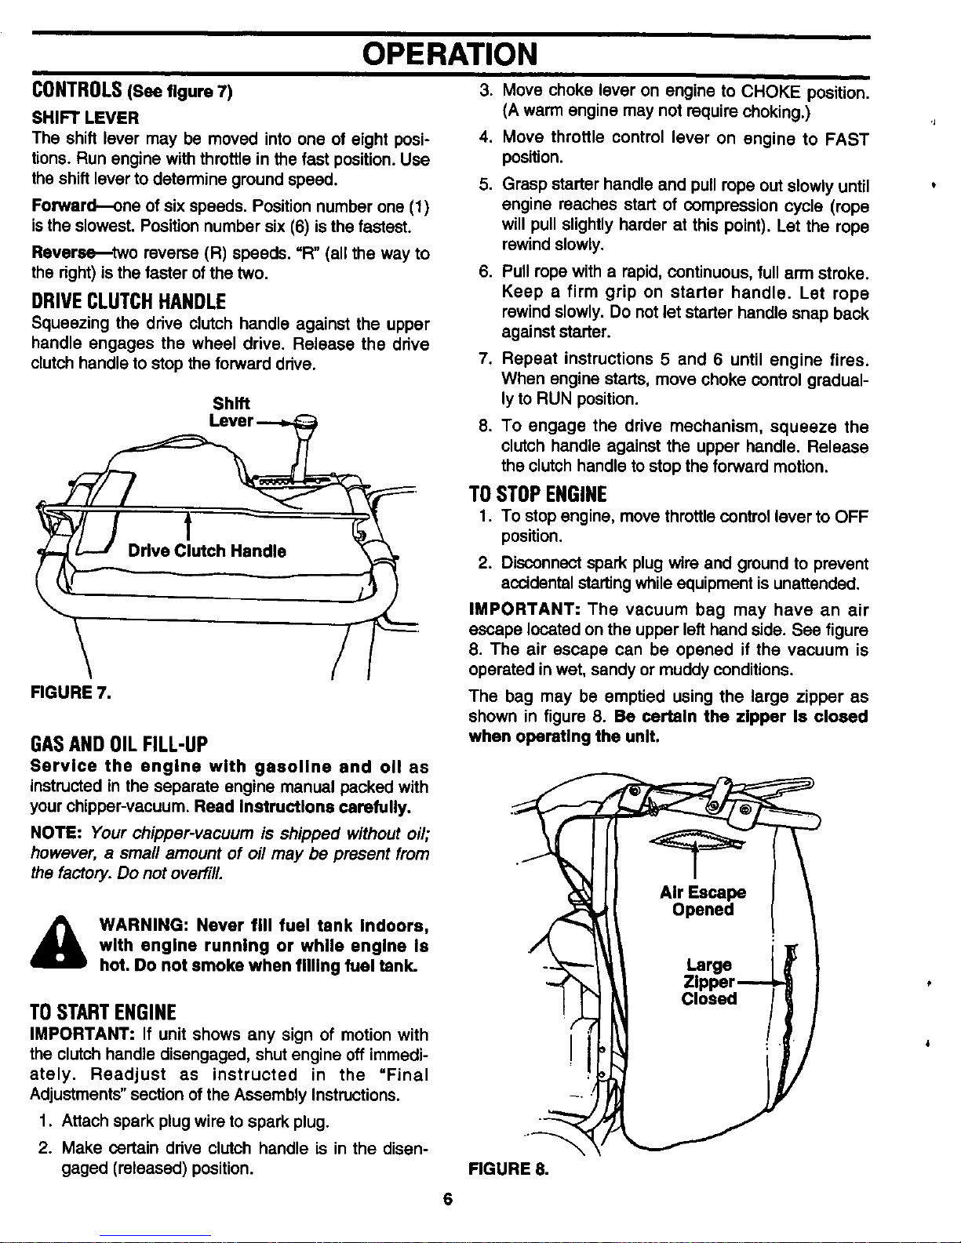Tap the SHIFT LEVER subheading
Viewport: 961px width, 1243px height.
pos(75,118)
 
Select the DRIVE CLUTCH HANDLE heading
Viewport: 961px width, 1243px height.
pos(128,301)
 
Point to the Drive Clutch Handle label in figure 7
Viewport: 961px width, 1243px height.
pos(207,551)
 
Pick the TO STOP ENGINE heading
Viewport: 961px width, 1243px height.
pos(537,494)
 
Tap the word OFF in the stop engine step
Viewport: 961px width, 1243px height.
pos(851,517)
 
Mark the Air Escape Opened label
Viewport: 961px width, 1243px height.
pos(703,901)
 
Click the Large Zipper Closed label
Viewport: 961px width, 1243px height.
pos(709,981)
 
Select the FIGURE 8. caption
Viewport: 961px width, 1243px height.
pos(507,1169)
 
